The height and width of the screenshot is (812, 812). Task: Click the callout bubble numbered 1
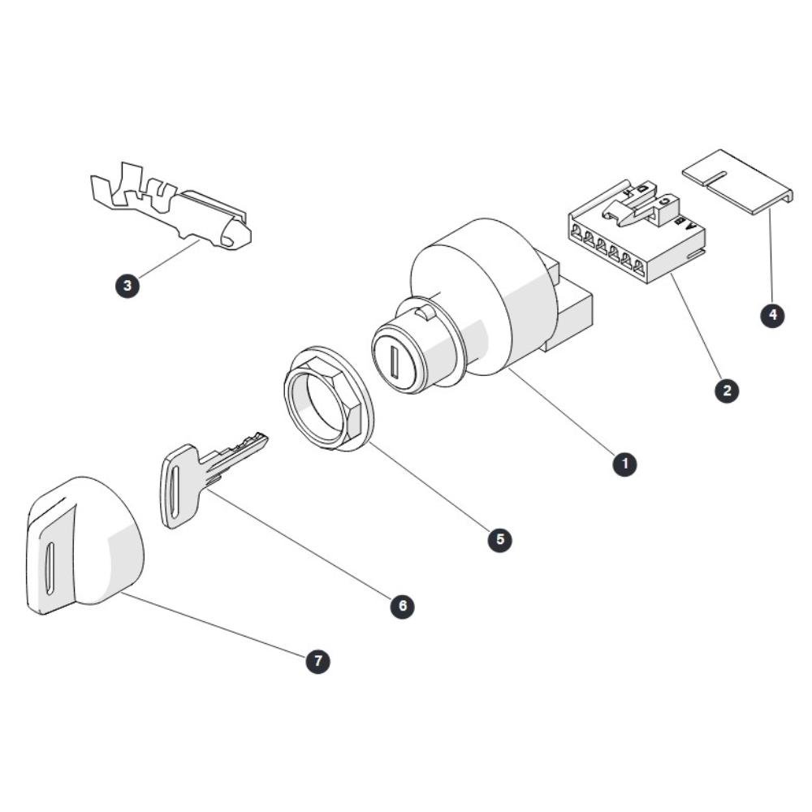[x=624, y=464]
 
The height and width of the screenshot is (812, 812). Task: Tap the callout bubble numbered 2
[x=727, y=390]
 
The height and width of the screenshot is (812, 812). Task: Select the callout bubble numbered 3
[x=127, y=285]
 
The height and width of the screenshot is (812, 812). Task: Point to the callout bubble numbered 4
[x=772, y=315]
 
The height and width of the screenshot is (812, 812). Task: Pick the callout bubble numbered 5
[x=499, y=539]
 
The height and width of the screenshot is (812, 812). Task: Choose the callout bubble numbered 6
[x=403, y=606]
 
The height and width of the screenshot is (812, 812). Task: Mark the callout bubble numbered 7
[x=317, y=661]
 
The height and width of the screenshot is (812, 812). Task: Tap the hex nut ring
[x=330, y=399]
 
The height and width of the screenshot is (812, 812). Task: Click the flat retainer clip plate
[x=738, y=182]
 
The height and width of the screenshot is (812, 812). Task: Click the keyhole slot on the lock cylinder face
[x=395, y=361]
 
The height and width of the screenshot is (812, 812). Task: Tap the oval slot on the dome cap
[x=50, y=568]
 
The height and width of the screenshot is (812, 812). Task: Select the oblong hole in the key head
[x=175, y=491]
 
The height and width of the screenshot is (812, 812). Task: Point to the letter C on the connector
[x=667, y=200]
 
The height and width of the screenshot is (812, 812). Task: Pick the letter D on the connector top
[x=642, y=188]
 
